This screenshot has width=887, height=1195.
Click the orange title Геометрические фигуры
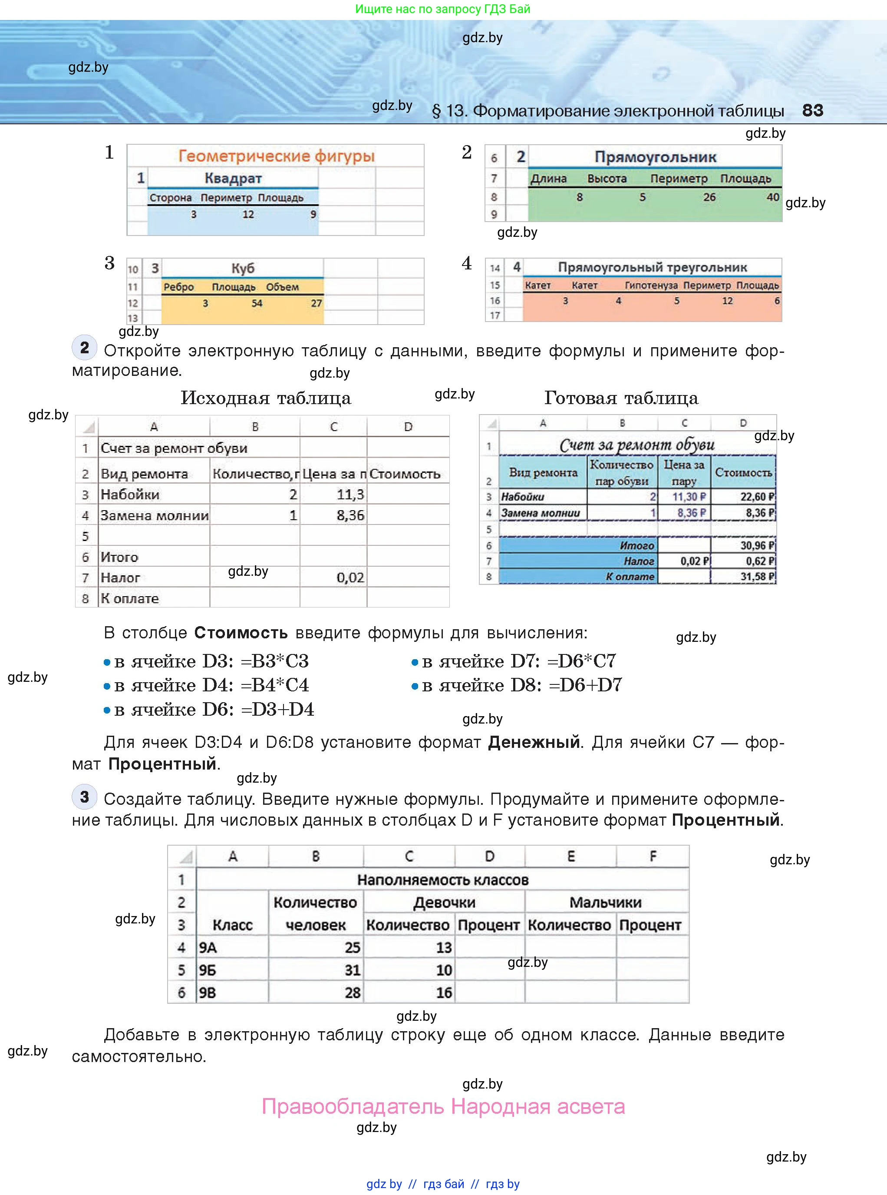(276, 156)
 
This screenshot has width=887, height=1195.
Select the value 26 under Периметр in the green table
(709, 197)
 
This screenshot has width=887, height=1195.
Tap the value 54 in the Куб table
(257, 303)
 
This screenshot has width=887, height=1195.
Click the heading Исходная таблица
(266, 398)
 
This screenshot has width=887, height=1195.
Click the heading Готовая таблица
(621, 398)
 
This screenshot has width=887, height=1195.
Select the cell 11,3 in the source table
(350, 495)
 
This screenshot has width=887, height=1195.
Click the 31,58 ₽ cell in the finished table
(757, 577)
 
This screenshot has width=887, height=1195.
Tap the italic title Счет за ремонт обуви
(637, 445)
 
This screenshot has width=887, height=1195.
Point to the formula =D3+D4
(277, 709)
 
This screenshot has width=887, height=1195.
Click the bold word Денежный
(534, 742)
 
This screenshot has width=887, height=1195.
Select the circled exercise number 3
(84, 797)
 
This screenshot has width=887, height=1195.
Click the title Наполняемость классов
(442, 880)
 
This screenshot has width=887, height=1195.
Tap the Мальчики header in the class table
(605, 902)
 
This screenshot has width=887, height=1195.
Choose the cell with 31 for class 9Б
(352, 970)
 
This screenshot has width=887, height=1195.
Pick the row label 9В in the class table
(208, 993)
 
